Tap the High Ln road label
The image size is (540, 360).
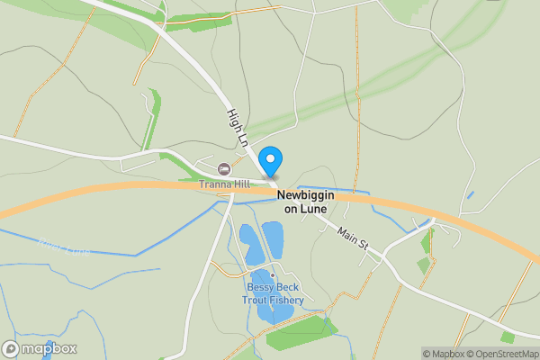(237, 128)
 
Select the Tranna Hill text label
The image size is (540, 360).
(224, 184)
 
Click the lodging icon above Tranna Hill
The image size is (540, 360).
(224, 169)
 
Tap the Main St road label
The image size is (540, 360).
(354, 238)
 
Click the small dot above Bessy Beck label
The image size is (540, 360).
(274, 275)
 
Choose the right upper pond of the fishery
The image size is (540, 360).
(272, 238)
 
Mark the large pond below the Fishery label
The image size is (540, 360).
(267, 313)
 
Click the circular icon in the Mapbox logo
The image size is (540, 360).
(11, 349)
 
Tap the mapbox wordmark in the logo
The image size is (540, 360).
(49, 349)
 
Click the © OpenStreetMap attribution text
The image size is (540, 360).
(504, 354)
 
